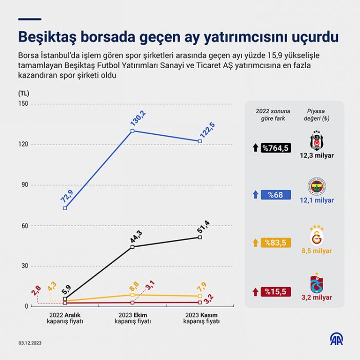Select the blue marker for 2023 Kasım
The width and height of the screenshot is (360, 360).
click(x=200, y=141)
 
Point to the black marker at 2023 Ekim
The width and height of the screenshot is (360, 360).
click(x=132, y=247)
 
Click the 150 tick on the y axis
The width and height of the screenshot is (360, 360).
click(x=23, y=104)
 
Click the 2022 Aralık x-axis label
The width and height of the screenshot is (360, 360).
click(x=65, y=318)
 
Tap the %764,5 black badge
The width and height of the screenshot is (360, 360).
click(x=276, y=148)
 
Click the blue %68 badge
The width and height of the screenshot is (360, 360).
click(x=276, y=195)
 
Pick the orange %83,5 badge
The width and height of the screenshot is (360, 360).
click(x=276, y=243)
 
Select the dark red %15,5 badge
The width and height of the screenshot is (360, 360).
click(x=276, y=291)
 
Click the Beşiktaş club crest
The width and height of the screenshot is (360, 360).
click(x=317, y=140)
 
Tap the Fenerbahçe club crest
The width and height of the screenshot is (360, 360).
click(x=317, y=187)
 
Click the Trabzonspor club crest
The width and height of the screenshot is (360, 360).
click(x=317, y=284)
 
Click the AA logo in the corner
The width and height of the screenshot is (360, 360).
click(x=337, y=339)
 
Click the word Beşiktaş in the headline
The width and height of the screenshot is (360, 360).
click(x=49, y=37)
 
